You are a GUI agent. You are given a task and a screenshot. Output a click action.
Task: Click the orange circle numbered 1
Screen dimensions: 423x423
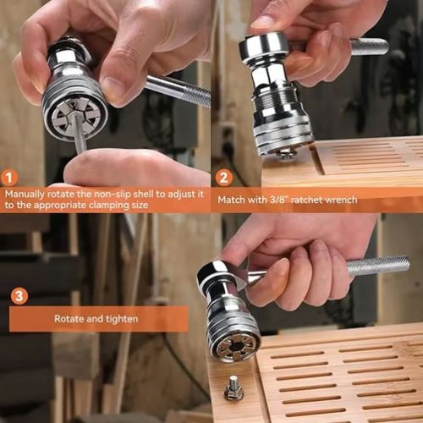tap(9, 178)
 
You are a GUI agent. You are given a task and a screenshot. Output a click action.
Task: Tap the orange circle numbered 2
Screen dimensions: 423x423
tap(223, 178)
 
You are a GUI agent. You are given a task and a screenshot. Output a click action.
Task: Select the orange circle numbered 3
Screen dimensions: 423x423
tap(19, 295)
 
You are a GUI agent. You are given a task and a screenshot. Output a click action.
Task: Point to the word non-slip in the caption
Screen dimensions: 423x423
tap(107, 193)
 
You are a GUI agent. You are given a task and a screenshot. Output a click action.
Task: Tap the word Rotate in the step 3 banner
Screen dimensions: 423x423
tap(69, 319)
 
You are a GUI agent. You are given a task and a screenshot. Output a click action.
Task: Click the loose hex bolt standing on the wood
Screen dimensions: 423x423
tap(233, 390)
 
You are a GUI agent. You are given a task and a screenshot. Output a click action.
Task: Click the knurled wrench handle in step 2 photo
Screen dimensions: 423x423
tap(369, 47)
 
